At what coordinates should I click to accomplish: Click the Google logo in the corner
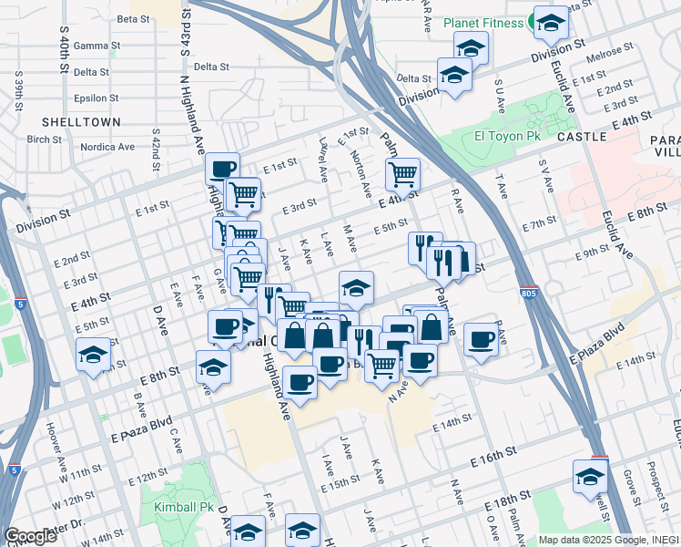coord(30,536)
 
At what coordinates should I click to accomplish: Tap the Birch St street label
coord(44,139)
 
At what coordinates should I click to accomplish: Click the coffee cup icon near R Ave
coord(482,340)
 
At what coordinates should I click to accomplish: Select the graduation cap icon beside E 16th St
coord(590,477)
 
